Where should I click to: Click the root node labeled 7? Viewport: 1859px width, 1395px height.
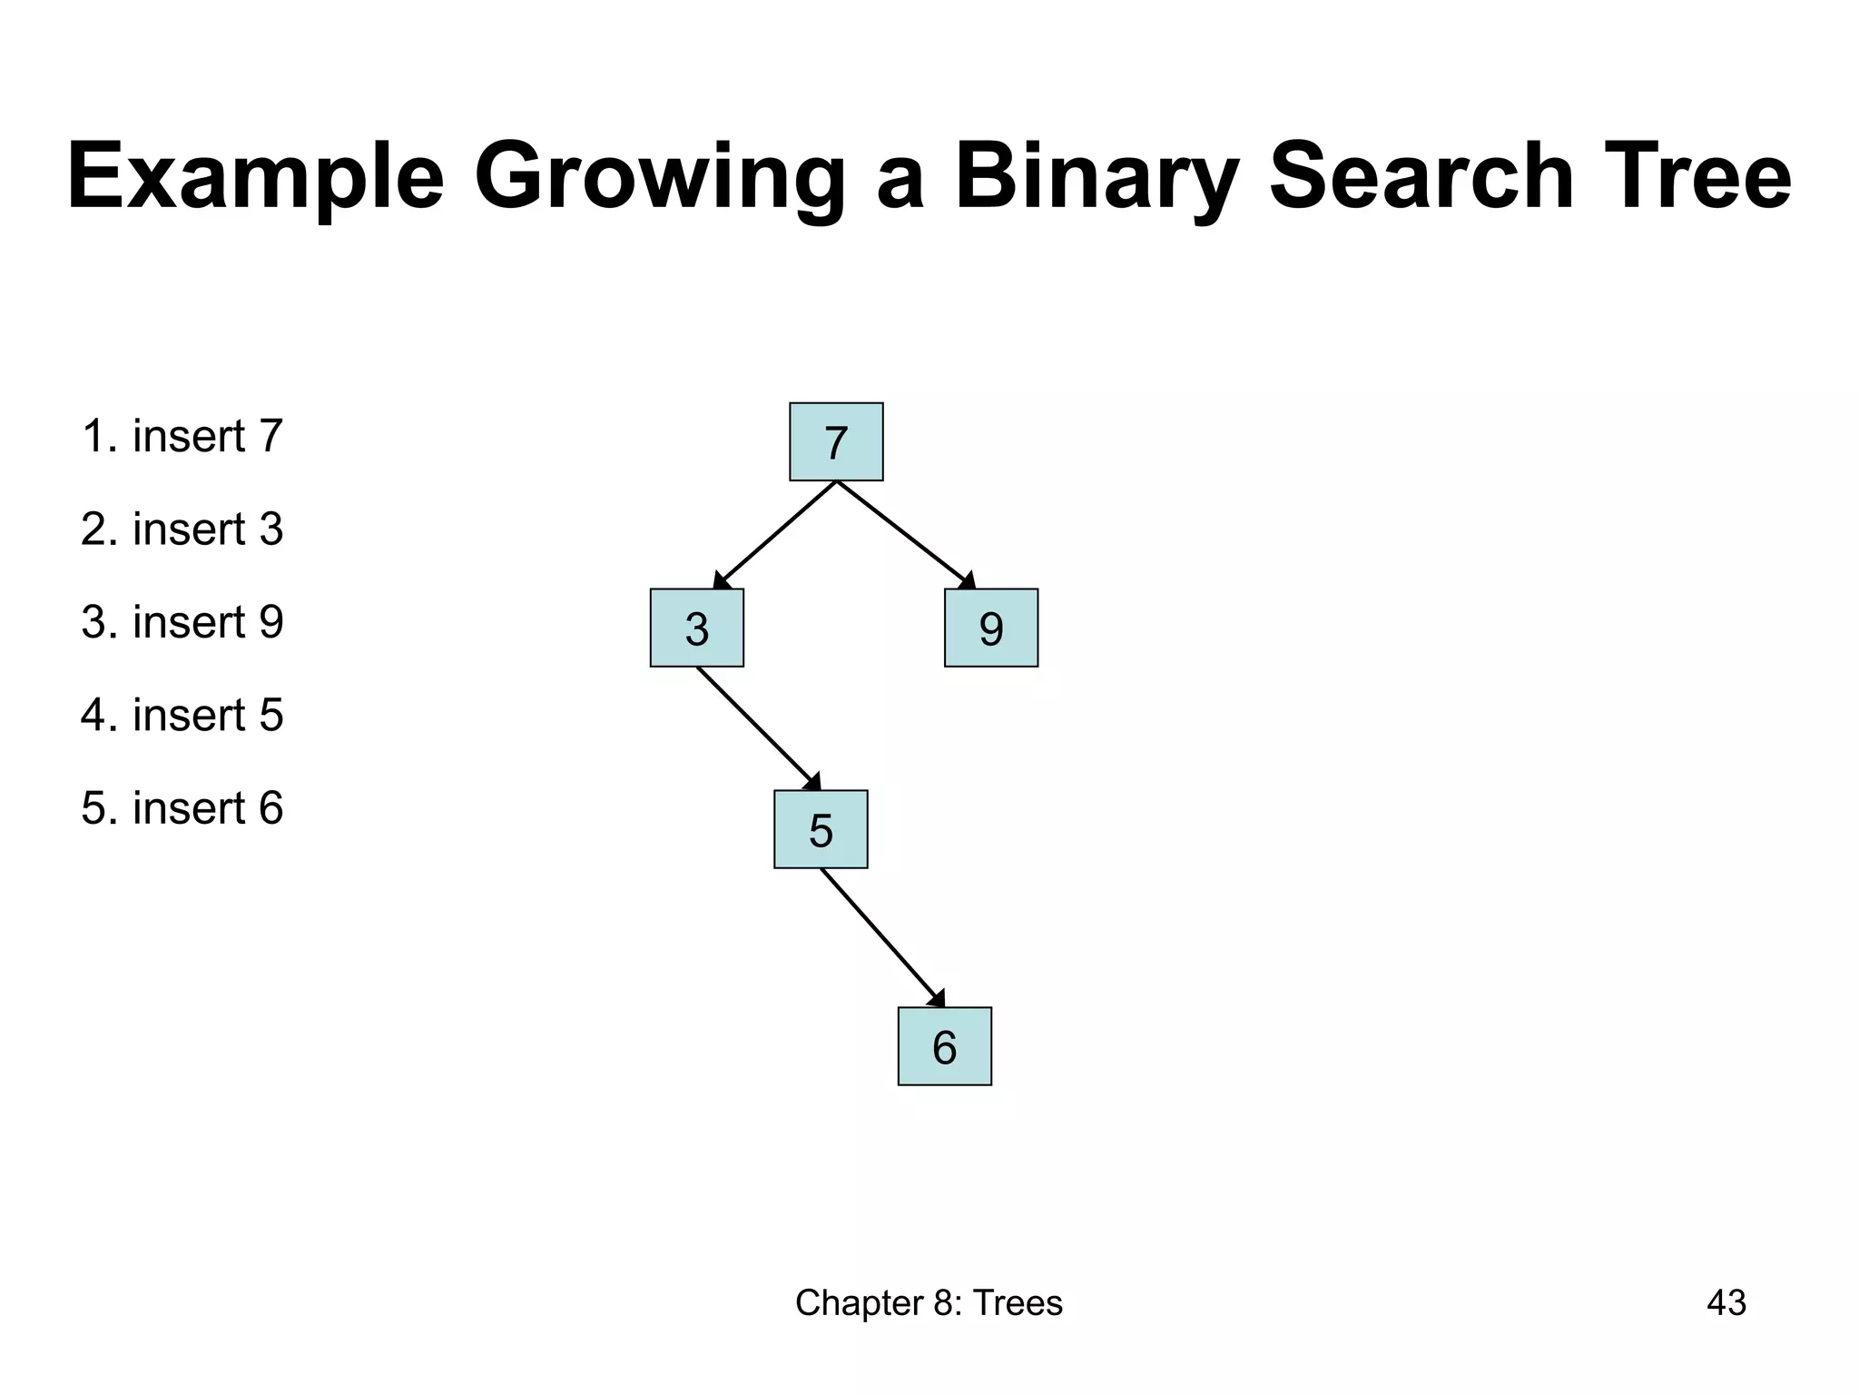click(836, 441)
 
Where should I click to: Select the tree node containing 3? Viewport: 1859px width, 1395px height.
click(696, 628)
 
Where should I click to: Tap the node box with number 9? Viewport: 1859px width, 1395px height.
click(990, 628)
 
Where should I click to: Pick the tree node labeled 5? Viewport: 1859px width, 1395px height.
click(821, 829)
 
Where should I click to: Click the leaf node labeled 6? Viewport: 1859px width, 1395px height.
click(944, 1046)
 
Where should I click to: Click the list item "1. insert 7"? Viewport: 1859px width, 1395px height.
click(182, 436)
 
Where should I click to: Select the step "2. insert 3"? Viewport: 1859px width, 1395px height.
click(182, 529)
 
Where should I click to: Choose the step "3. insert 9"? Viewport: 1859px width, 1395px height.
click(182, 622)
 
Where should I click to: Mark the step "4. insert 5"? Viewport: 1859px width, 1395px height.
click(182, 715)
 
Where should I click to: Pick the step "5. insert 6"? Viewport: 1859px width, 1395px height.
click(182, 808)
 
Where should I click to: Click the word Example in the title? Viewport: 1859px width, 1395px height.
click(255, 177)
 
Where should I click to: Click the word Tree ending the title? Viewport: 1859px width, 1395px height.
click(1692, 177)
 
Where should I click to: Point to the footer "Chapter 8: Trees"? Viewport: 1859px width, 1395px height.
click(929, 1303)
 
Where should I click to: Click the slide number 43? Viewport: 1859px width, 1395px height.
click(1726, 1303)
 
